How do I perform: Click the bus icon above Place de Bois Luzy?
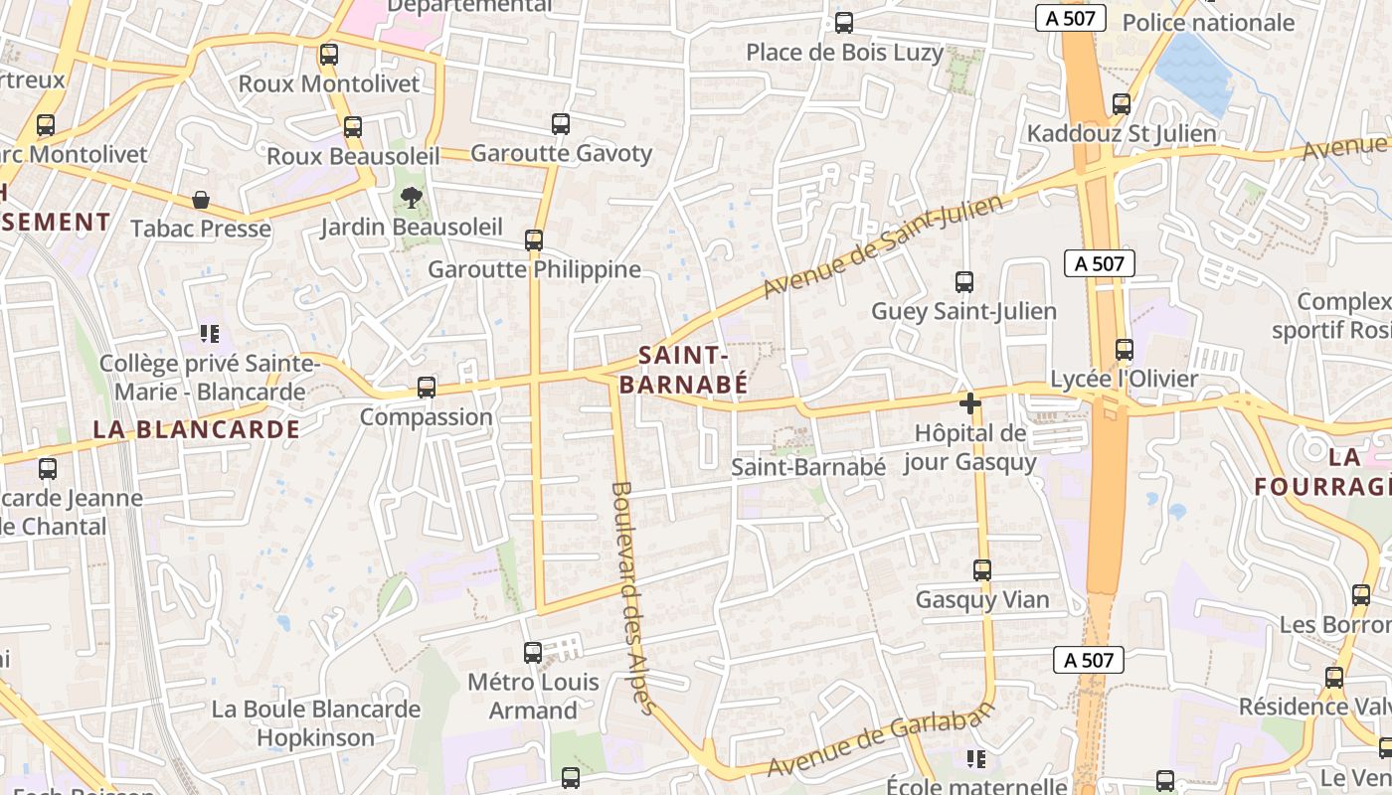844,22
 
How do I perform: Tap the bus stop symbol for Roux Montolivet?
329,55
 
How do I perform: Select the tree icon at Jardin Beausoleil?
411,198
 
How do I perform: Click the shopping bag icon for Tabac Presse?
201,200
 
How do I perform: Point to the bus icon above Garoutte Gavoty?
561,124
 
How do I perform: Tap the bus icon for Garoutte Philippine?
534,240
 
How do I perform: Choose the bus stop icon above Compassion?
427,388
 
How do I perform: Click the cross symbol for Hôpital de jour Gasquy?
970,403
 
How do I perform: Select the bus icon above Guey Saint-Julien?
963,282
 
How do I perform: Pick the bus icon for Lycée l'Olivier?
1125,350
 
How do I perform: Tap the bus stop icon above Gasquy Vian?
982,570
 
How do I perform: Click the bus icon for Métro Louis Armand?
533,653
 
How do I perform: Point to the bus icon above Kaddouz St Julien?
1122,104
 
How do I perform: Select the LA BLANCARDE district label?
197,429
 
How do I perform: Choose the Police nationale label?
1208,23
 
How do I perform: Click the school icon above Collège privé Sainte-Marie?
209,333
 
